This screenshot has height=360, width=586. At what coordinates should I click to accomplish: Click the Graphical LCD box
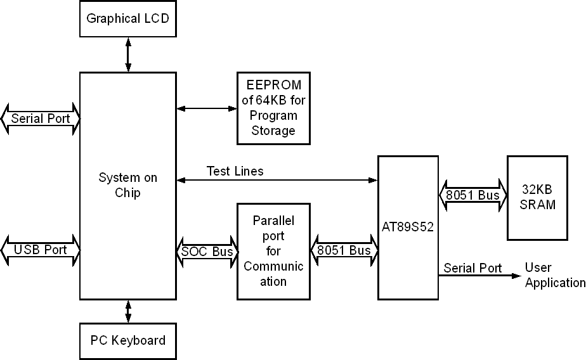click(x=127, y=18)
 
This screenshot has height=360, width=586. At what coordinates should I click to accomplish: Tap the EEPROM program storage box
click(x=273, y=108)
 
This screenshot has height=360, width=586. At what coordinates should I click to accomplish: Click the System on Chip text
click(x=127, y=185)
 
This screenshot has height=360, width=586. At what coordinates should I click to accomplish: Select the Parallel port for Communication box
click(x=273, y=251)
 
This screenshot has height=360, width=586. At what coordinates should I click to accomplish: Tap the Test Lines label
click(x=235, y=171)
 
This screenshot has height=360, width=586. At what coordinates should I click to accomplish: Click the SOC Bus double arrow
click(x=206, y=251)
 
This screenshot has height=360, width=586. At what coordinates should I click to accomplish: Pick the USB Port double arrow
click(x=39, y=250)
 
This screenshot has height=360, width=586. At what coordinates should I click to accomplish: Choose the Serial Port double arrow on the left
click(x=41, y=118)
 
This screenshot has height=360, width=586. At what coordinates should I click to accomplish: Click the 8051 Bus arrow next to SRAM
click(x=472, y=195)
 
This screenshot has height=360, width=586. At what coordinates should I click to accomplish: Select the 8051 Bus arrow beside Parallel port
click(x=344, y=250)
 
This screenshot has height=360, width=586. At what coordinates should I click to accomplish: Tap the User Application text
click(x=554, y=276)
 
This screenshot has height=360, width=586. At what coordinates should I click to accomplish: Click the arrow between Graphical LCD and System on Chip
click(x=128, y=55)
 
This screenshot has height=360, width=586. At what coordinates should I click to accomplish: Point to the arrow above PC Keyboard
click(x=128, y=311)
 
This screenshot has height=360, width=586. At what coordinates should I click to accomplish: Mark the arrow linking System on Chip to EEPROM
click(x=206, y=108)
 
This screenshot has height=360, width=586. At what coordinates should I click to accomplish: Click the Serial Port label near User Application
click(x=472, y=268)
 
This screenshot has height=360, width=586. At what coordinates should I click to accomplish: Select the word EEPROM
click(x=273, y=84)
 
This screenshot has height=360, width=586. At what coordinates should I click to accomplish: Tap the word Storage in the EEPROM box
click(x=273, y=131)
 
